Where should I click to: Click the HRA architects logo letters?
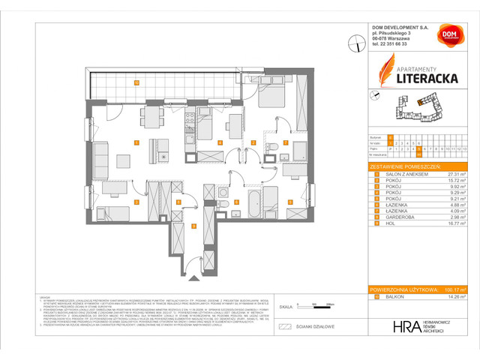click(x=404, y=327)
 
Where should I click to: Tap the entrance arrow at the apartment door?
click(x=193, y=278)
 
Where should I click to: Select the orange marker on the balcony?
click(x=136, y=82)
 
